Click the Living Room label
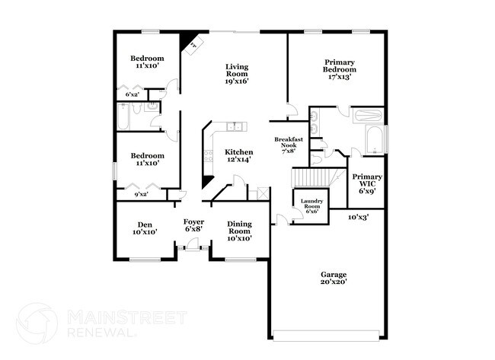click(237, 73)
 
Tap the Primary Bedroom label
click(340, 69)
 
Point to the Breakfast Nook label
click(289, 145)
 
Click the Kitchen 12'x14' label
click(238, 156)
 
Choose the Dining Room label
click(239, 231)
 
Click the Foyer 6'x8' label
click(193, 227)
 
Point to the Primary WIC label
click(367, 183)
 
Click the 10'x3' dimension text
click(359, 218)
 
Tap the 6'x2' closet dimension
click(133, 94)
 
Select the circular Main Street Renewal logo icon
click(37, 323)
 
